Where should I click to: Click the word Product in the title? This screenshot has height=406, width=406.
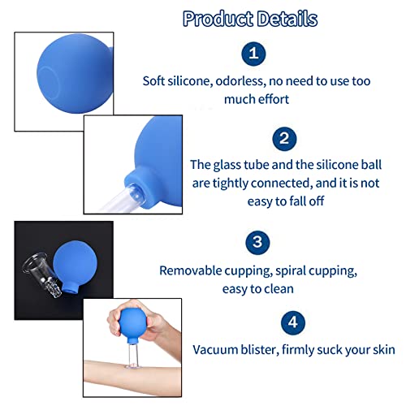pyautogui.click(x=218, y=19)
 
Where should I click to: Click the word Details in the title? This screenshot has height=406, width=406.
pyautogui.click(x=287, y=19)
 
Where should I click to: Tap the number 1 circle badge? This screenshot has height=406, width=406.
pyautogui.click(x=253, y=54)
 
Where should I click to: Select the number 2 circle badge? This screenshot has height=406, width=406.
pyautogui.click(x=284, y=139)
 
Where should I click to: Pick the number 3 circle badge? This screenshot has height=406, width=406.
pyautogui.click(x=257, y=242)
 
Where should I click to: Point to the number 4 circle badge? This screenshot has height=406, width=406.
pyautogui.click(x=293, y=322)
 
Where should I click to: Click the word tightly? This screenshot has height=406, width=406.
pyautogui.click(x=230, y=184)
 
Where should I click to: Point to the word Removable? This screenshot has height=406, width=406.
pyautogui.click(x=190, y=270)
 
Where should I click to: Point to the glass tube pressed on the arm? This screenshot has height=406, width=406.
pyautogui.click(x=133, y=356)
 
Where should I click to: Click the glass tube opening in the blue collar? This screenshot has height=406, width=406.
pyautogui.click(x=135, y=192)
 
